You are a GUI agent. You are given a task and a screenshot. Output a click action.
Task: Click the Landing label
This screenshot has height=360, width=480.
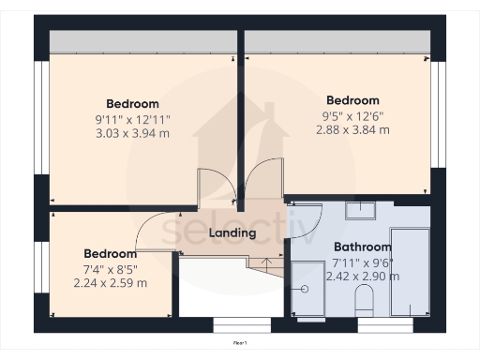click(x=232, y=232)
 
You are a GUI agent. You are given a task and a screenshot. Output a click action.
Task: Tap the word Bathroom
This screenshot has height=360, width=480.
click(x=362, y=247)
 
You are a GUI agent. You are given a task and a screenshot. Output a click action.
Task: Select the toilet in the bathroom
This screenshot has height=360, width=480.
click(x=365, y=299)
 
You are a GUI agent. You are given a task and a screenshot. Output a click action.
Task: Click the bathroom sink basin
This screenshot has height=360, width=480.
click(x=360, y=210)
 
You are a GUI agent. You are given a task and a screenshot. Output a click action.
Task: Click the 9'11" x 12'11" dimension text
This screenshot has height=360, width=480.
click(x=132, y=119)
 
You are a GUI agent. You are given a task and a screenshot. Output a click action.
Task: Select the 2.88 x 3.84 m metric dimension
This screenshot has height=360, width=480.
click(x=352, y=130)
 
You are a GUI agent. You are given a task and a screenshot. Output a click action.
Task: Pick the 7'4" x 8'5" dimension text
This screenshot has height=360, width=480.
click(x=111, y=268)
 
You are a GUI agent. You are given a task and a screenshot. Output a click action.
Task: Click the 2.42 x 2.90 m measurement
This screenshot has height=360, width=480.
click(x=362, y=277)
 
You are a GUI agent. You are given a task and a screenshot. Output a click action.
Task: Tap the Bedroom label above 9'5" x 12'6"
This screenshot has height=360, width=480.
click(x=352, y=100)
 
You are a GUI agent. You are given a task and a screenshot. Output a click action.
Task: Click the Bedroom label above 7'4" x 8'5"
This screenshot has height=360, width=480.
click(x=111, y=253)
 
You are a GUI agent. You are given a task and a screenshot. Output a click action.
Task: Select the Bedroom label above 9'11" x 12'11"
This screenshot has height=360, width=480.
click(x=132, y=103)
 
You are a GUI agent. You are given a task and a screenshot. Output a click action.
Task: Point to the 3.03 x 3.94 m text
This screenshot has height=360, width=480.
click(x=132, y=134)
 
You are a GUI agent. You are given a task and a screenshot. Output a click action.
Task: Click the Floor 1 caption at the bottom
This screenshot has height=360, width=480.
click(x=239, y=343)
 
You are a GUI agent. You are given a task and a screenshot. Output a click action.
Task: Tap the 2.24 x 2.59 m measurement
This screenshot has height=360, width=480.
click(x=111, y=283)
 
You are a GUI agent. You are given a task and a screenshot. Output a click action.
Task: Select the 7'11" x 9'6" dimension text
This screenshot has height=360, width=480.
click(x=362, y=262)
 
